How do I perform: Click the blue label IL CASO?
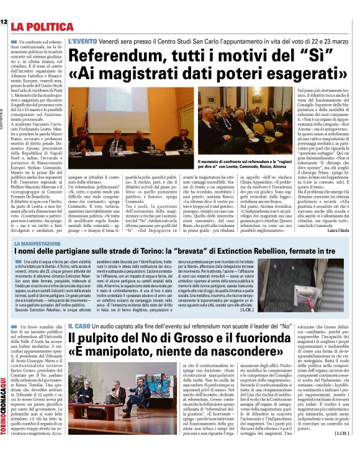tap(79, 324)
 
